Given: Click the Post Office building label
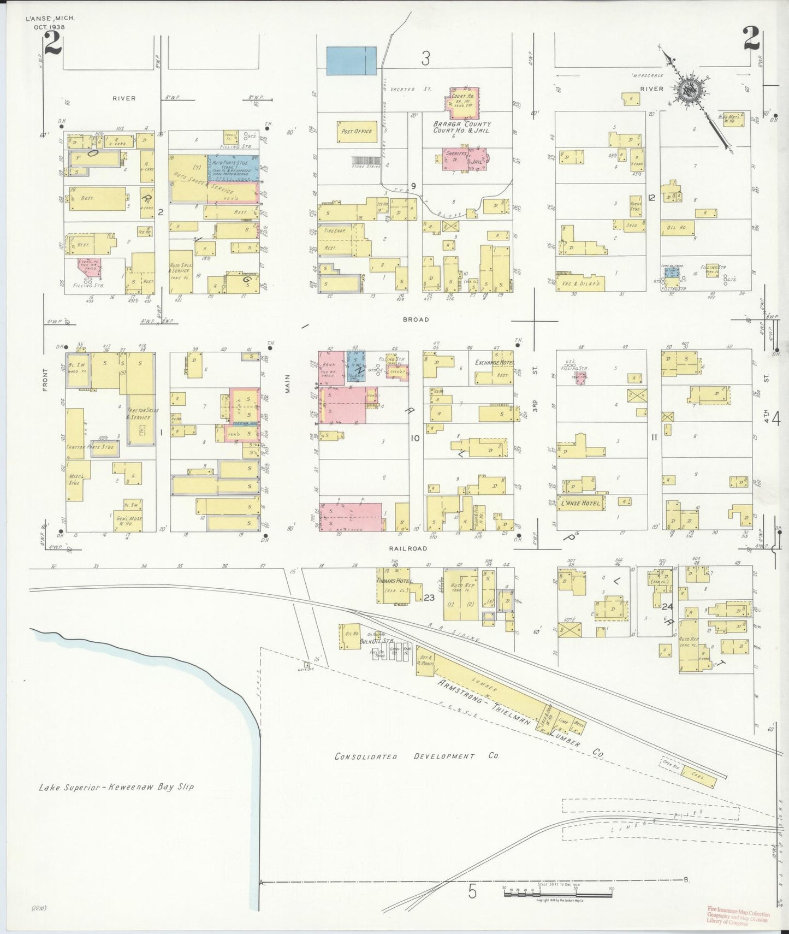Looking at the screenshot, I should click(357, 131).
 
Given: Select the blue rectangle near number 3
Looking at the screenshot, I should click(351, 61).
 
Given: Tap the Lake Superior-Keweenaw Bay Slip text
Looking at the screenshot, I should click(116, 787).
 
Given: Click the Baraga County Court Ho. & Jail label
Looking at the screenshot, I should click(462, 127).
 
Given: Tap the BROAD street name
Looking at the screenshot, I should click(417, 320).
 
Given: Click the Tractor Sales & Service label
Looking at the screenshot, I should click(138, 413).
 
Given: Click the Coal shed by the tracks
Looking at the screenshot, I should click(696, 776).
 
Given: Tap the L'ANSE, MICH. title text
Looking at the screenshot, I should click(50, 18).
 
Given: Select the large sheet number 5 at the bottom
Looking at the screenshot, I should click(472, 892).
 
